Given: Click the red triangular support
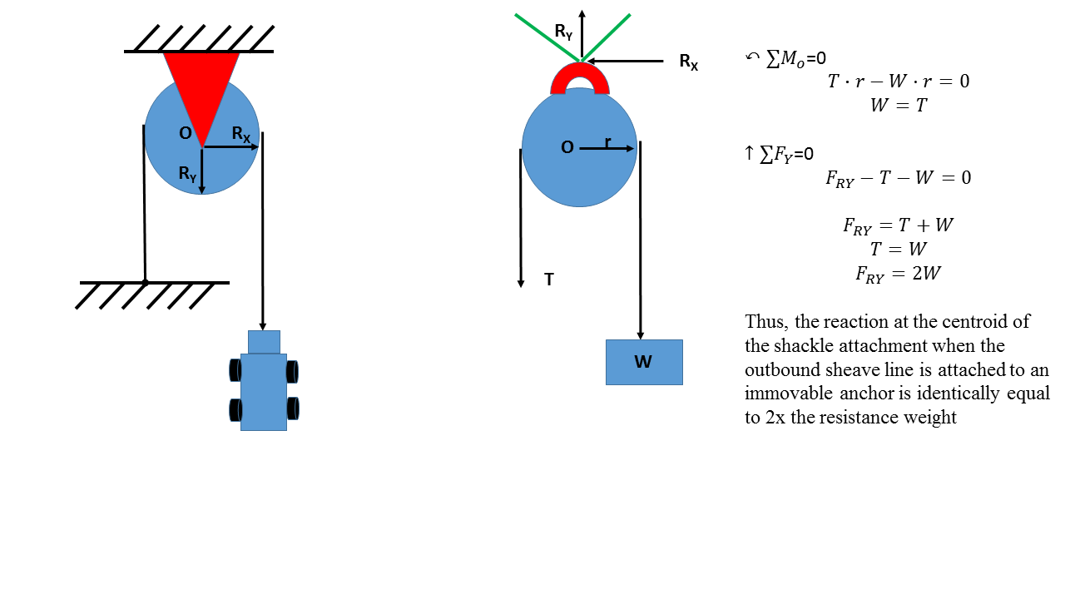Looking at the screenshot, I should pos(201,83).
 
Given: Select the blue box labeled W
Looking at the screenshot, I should pos(644,362).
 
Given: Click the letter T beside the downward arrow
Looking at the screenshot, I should pos(549,280).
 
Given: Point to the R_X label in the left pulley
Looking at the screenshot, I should pos(240,134).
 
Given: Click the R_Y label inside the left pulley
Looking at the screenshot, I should pos(187,174).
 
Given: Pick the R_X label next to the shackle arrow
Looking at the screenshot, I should pos(688,62).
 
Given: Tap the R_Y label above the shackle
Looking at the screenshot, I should pos(563,32).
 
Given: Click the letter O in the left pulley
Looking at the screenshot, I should pos(185,134).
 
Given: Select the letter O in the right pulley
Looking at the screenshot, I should pos(567,148).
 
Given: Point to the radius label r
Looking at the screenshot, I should pos(608,142).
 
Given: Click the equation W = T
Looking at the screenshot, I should pos(899,106).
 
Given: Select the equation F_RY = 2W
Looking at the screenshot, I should pos(899,273).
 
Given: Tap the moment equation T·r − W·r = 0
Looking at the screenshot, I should pos(899,82).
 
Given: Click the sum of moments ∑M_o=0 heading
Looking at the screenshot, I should pos(786,58).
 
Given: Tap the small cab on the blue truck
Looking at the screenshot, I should pos(264,342).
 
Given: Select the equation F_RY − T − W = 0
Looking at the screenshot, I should pos(899,178).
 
